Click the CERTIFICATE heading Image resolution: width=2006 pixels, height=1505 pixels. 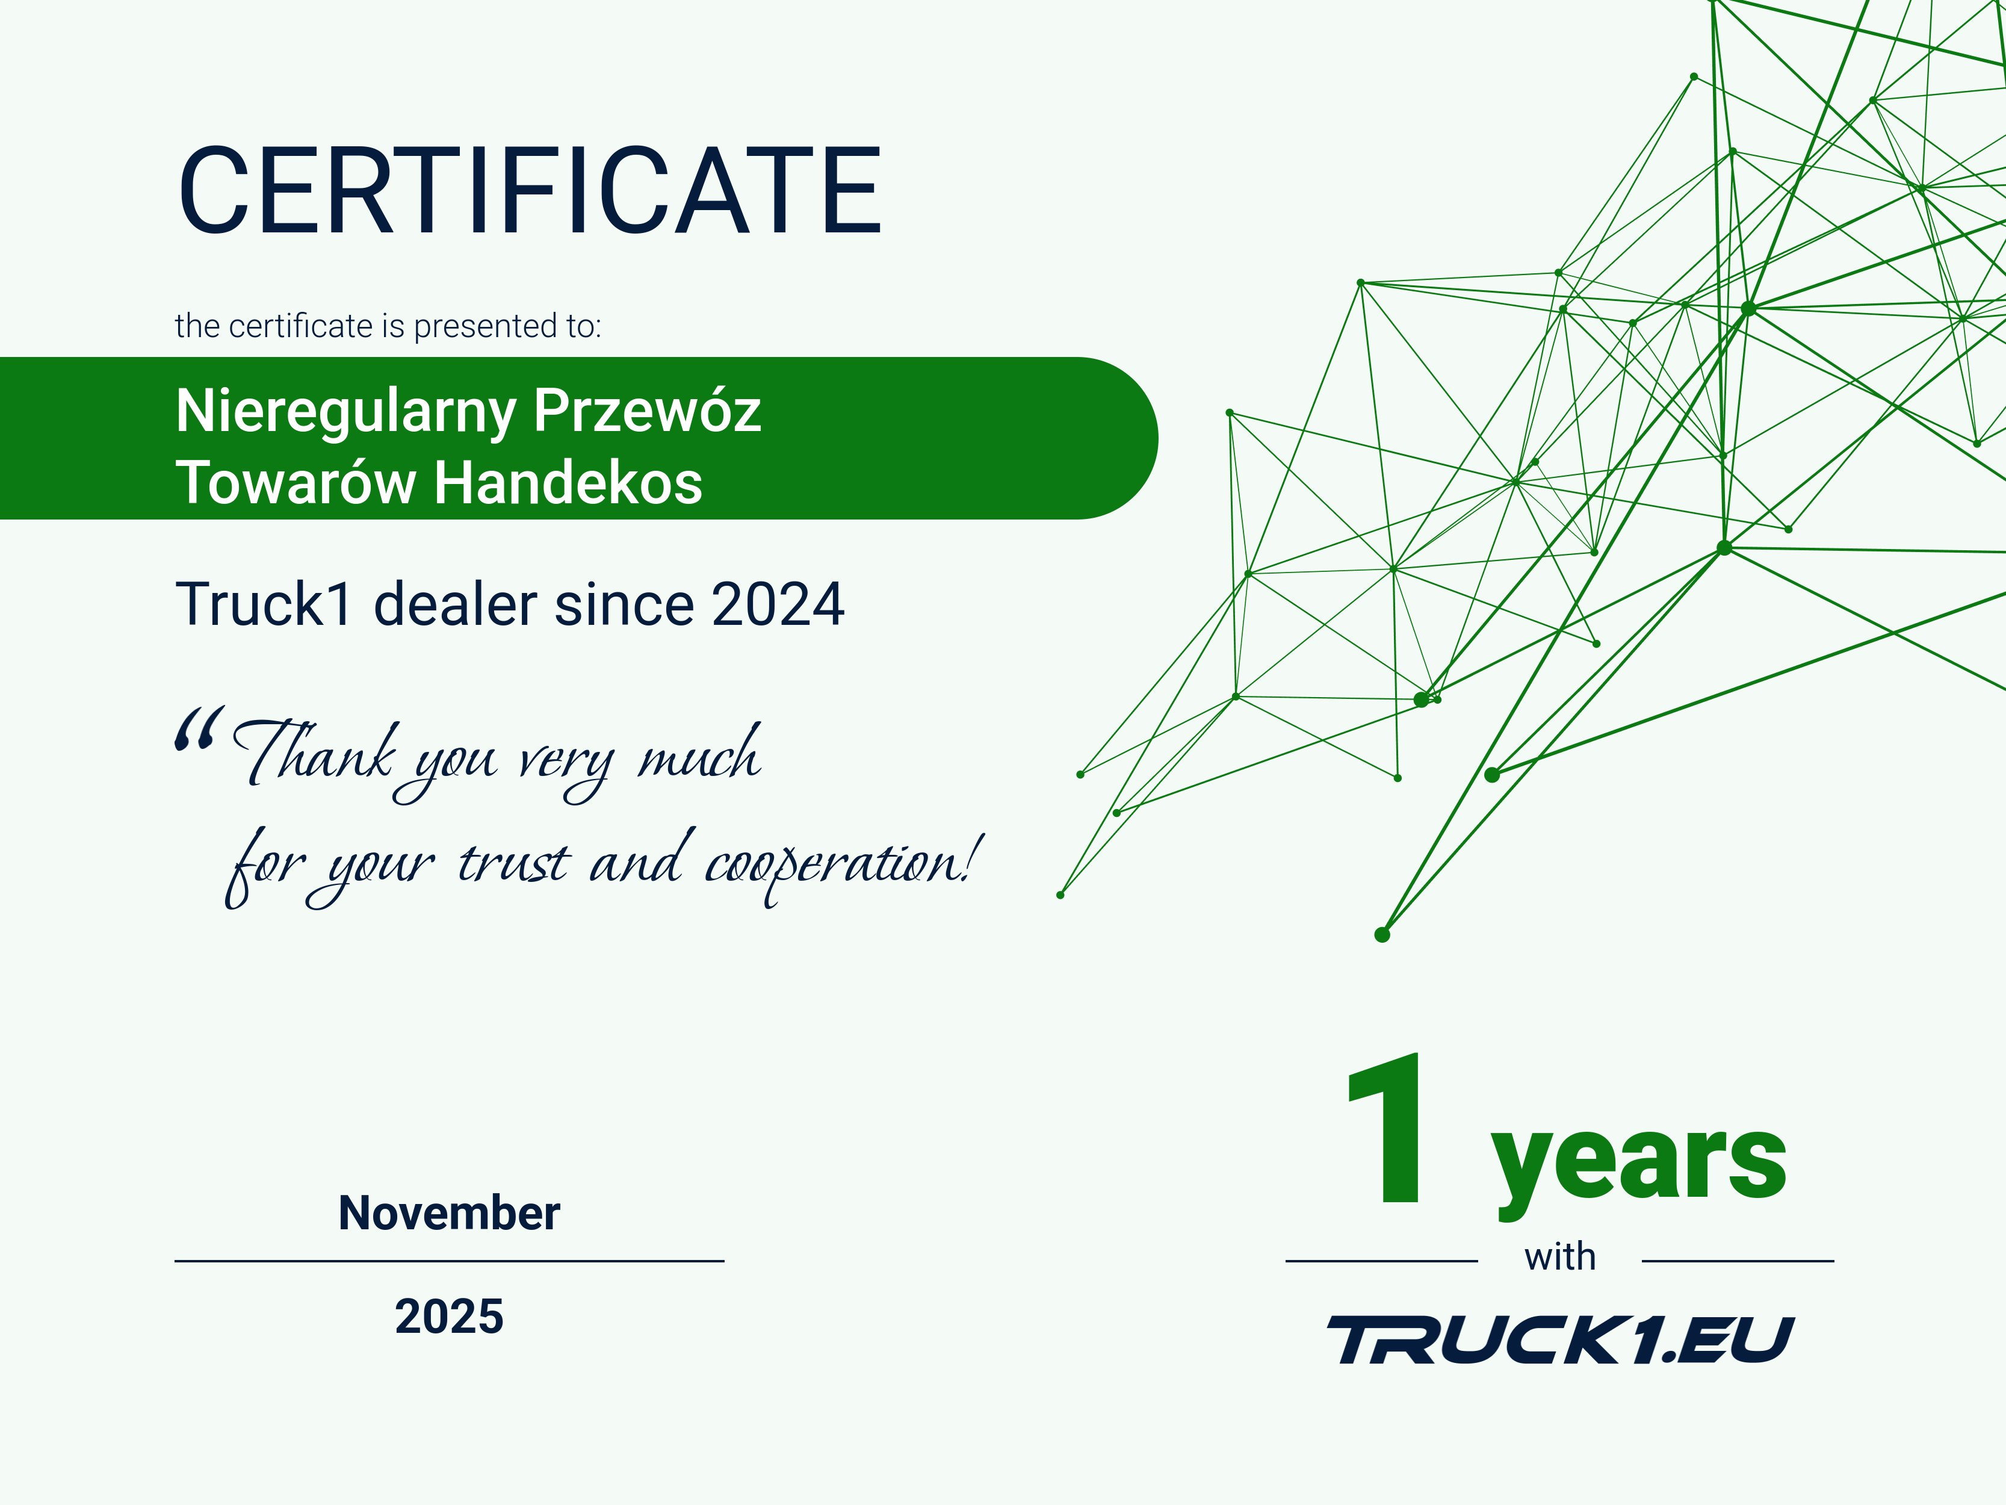point(530,191)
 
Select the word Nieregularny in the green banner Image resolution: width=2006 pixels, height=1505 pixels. point(345,411)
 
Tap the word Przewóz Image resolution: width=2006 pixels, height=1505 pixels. point(646,411)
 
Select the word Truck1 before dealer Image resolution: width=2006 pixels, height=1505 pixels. point(263,604)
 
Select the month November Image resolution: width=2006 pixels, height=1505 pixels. point(449,1213)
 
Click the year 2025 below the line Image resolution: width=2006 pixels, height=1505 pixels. point(449,1317)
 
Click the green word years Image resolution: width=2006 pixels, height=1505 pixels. point(1638,1161)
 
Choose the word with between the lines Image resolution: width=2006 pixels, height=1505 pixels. point(1560,1258)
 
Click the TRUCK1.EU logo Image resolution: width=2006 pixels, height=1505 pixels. point(1560,1340)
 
